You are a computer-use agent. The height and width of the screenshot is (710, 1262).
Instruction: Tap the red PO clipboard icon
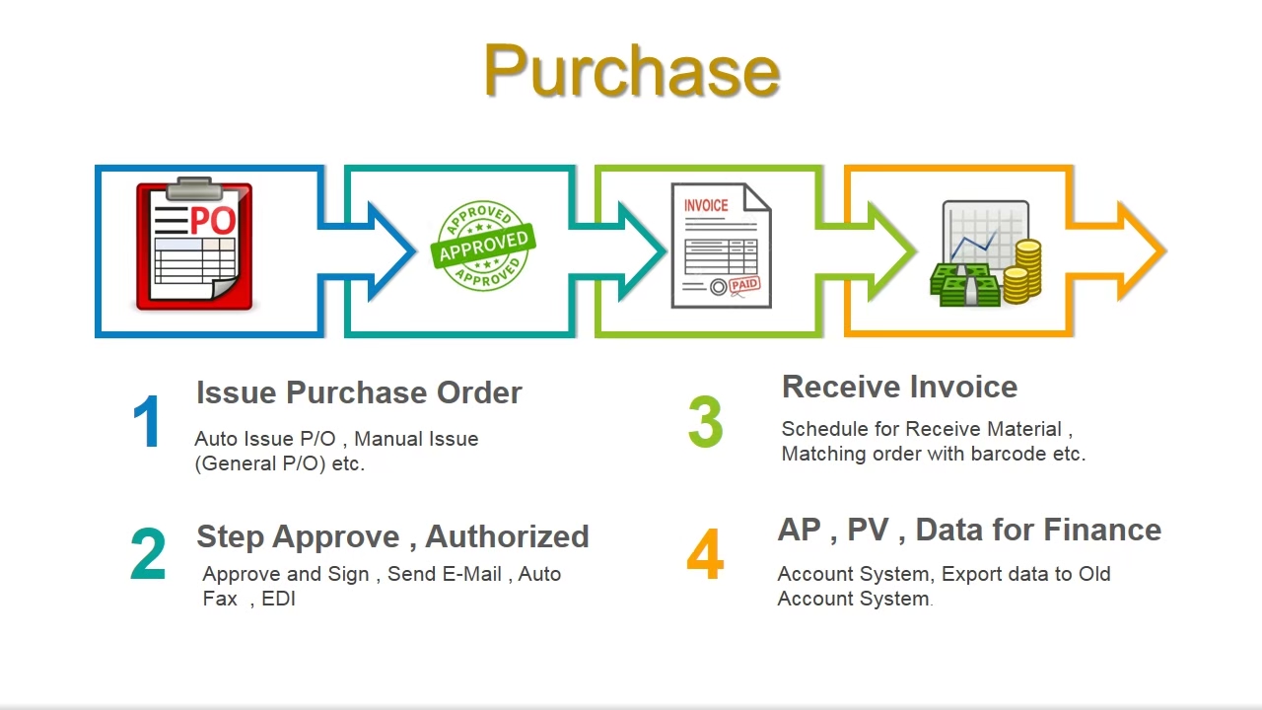tap(194, 244)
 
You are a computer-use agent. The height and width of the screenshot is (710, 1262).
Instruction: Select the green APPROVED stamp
tap(483, 246)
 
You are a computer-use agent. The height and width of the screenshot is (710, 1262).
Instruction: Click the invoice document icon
tap(721, 246)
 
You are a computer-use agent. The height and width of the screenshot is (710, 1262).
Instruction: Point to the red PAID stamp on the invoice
tap(744, 285)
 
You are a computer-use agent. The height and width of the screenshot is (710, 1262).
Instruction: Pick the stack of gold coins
tap(1022, 271)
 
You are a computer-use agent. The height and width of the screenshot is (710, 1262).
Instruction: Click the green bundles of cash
tap(964, 285)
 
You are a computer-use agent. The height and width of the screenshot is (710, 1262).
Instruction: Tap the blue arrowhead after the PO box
tap(392, 250)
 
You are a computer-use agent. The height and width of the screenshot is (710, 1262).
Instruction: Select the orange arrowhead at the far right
tap(1142, 250)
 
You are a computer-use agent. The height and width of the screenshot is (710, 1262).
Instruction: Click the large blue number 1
tap(147, 421)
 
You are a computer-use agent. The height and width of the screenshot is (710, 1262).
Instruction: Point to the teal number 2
tap(148, 553)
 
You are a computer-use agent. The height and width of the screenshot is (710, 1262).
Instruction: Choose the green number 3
tap(705, 421)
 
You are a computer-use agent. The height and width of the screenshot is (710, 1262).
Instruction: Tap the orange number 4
tap(705, 554)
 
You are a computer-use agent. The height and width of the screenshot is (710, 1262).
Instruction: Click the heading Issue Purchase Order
tap(359, 392)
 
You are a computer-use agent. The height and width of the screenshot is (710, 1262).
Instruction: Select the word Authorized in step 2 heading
tap(507, 535)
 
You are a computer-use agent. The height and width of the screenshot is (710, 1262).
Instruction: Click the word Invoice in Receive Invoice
tap(963, 387)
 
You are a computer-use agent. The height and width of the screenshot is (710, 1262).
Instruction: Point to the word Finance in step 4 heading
tap(1103, 530)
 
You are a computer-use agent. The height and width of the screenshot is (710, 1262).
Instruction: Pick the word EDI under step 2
tap(278, 599)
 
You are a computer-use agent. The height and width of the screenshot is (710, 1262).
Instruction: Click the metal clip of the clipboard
tap(195, 188)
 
